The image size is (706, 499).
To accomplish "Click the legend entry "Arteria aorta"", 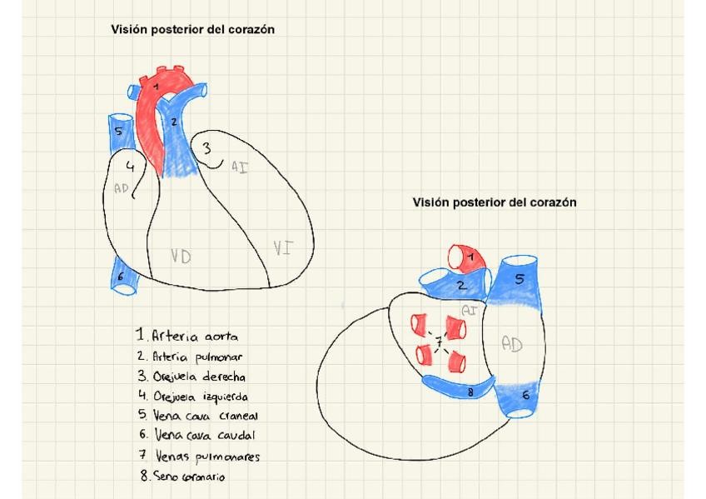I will click(188, 336).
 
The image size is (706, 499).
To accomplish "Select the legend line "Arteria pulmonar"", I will click(188, 357).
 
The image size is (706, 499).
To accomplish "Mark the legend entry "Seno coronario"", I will click(183, 477).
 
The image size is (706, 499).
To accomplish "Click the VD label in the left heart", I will click(181, 256).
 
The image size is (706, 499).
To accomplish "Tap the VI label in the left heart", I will click(282, 247).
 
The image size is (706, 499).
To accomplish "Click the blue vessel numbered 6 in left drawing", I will click(122, 277).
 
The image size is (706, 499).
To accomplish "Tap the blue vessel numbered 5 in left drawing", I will click(119, 132).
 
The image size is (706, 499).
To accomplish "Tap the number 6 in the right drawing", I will click(525, 396).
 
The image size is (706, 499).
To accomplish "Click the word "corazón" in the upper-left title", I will click(246, 29).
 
